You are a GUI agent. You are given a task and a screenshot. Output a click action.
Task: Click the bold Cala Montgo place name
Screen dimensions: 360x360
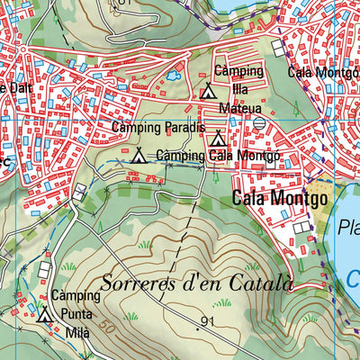[x=279, y=198]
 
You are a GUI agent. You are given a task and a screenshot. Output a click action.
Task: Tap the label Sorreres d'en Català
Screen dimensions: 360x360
[x=197, y=283]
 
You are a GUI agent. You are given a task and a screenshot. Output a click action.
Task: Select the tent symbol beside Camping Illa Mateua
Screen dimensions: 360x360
[x=208, y=90]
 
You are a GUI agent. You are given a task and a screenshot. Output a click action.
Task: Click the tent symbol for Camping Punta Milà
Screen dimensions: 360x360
[x=46, y=314]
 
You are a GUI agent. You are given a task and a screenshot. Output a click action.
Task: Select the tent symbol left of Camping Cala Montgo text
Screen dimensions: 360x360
[x=138, y=156]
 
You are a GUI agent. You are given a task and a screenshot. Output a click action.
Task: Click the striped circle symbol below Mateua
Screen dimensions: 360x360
[x=260, y=122]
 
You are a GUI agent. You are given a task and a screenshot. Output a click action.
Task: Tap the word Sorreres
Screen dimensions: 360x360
[x=138, y=283]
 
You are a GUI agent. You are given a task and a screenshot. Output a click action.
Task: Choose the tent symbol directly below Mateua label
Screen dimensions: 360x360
[x=217, y=139]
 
